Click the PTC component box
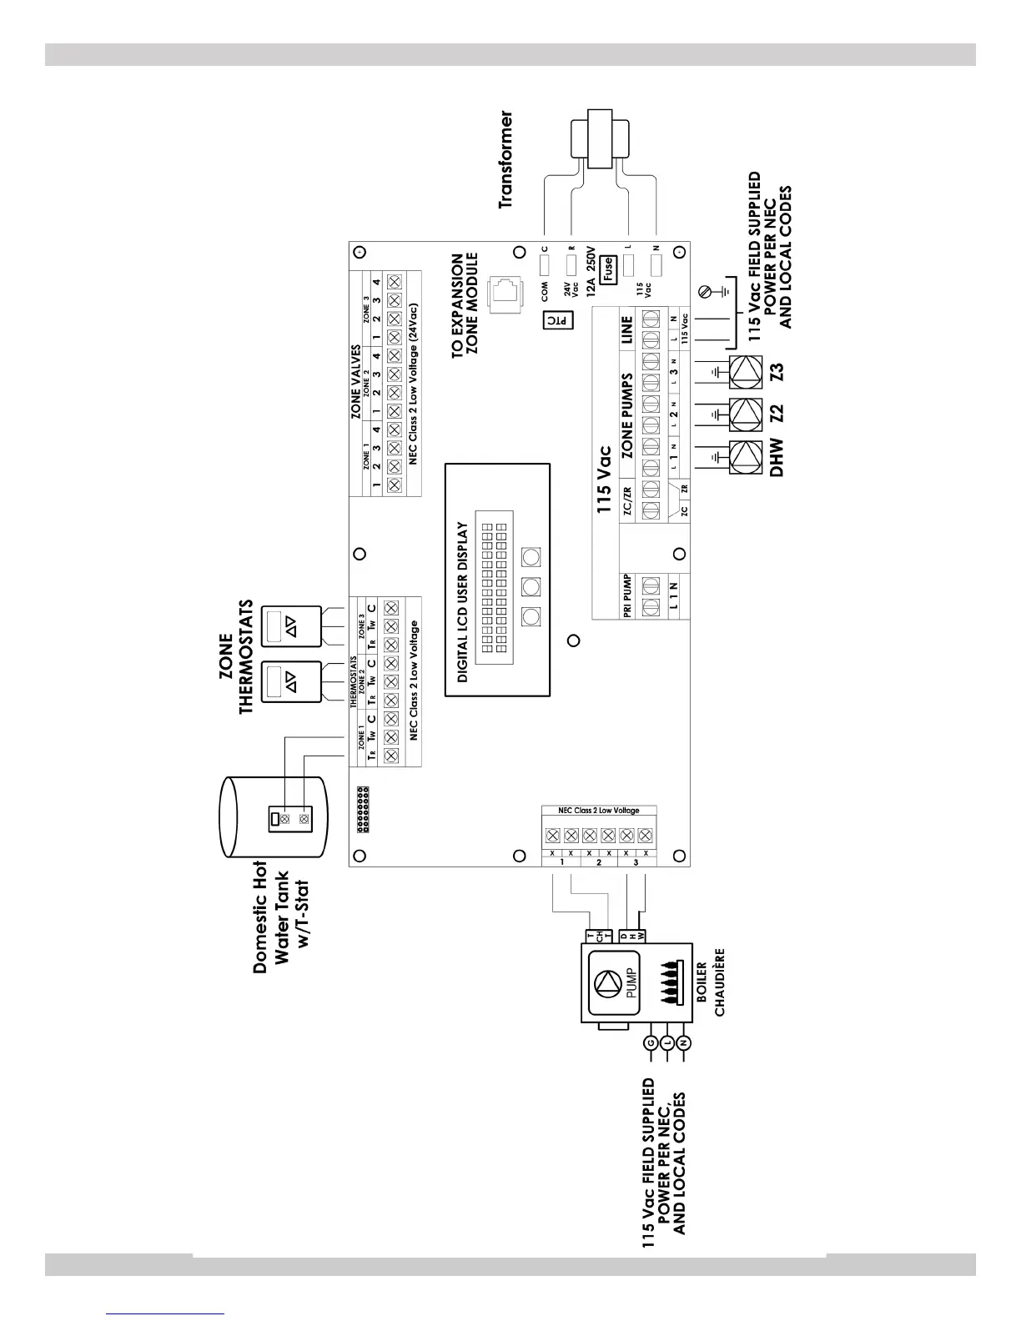click(556, 319)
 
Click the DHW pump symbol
click(745, 457)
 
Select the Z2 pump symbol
click(745, 414)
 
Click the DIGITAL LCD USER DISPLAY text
click(463, 603)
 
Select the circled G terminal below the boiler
click(651, 1042)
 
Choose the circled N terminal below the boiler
click(684, 1042)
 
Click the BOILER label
click(702, 982)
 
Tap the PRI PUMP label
click(627, 596)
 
